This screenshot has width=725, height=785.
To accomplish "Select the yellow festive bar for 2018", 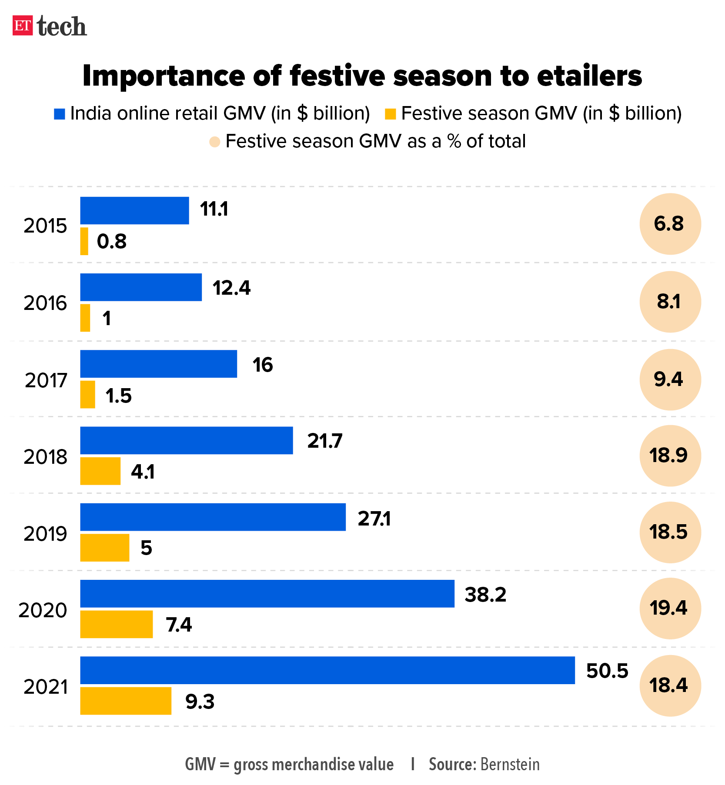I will coord(100,471).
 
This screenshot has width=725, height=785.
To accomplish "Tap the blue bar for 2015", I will coord(134,210).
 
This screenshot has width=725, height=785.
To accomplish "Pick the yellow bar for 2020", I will coord(116,624).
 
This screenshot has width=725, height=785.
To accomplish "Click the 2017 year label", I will coord(46,380).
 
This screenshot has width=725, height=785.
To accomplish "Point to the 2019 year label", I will coord(45,534).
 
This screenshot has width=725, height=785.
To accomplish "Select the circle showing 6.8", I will coord(670,224).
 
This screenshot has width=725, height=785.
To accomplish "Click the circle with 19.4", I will coord(670,608).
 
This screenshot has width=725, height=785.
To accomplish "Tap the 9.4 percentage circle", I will coord(670,379).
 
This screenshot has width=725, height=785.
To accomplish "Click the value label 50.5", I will coord(607,671).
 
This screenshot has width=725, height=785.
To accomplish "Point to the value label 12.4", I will coord(231,288).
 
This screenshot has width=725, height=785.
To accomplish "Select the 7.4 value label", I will coord(178,625).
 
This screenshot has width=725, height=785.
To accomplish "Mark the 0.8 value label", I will coord(112,241).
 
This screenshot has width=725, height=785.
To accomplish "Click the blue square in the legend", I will coord(59,114).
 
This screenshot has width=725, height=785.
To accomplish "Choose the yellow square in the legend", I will coord(390,114).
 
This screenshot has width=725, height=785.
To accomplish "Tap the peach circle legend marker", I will coord(215,142).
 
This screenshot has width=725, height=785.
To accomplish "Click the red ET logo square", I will coord(23,26).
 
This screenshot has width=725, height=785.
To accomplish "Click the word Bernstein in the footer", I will coord(510,764).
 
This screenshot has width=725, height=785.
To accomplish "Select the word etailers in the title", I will coord(589,76).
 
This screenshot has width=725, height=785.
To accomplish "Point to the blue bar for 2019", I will coord(213,517).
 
